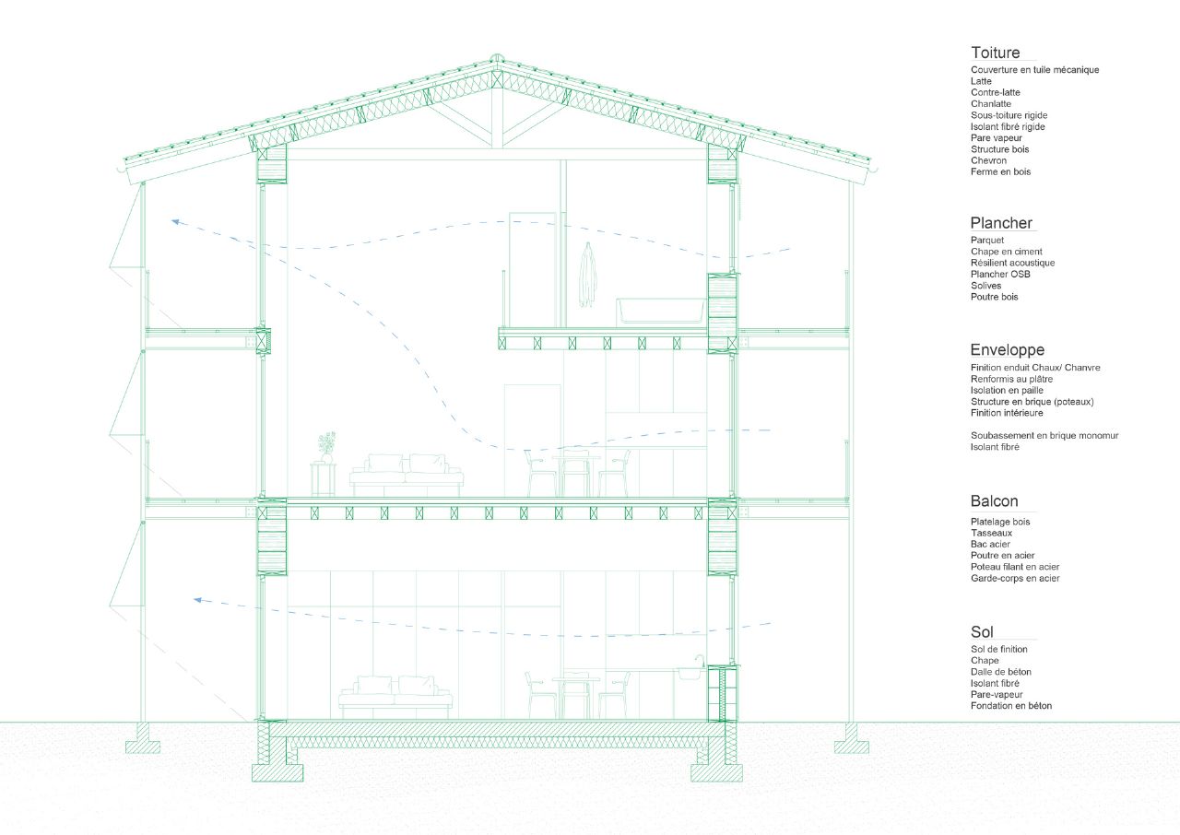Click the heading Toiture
click(x=995, y=53)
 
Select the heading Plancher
click(x=1001, y=223)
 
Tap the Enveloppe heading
click(x=1008, y=350)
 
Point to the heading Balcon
click(x=994, y=501)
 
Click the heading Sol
click(x=982, y=631)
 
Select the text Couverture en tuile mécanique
click(x=1034, y=69)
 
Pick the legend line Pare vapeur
click(x=997, y=138)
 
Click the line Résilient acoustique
click(x=1012, y=263)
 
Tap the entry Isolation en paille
click(x=1007, y=390)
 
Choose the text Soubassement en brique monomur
click(x=1044, y=435)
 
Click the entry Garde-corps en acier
click(x=1015, y=578)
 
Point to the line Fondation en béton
click(x=1011, y=705)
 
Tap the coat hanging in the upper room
click(x=588, y=275)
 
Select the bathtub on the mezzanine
click(x=661, y=312)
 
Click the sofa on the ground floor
click(x=395, y=697)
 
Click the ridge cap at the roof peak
click(x=496, y=58)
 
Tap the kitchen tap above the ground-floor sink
click(x=700, y=661)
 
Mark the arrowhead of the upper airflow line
click(x=176, y=222)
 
